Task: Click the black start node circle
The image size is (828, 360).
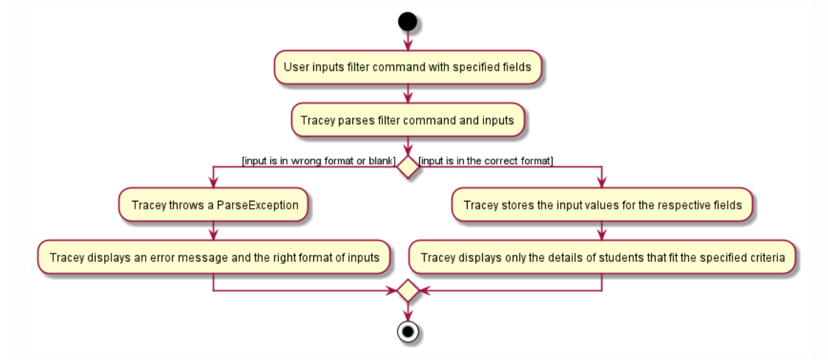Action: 408,22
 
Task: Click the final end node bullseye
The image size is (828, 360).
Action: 408,331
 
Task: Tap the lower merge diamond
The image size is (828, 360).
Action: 408,291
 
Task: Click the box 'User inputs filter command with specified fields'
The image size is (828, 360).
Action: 408,67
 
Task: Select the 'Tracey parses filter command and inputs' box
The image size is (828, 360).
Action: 408,120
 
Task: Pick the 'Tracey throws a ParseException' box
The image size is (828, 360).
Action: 213,204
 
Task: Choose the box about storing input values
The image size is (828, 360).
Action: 602,204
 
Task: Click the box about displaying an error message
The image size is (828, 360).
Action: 213,257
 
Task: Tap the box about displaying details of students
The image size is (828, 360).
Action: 602,257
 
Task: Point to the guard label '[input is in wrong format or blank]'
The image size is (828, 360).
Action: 319,161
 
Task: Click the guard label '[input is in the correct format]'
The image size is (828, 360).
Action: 486,161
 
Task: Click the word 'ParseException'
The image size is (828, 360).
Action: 258,204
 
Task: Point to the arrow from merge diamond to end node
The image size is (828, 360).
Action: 408,311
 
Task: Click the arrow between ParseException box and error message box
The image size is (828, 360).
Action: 213,231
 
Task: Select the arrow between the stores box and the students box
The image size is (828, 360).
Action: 602,231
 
